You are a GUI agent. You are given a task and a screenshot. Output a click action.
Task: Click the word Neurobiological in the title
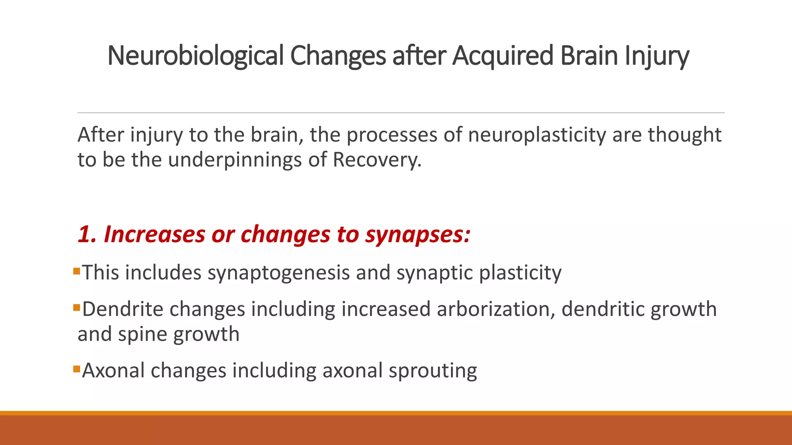click(196, 56)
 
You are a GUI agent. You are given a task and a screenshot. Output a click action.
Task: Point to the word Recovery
click(377, 160)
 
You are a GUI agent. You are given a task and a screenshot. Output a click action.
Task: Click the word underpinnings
click(235, 160)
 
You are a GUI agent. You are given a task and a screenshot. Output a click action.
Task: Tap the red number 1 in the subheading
click(85, 234)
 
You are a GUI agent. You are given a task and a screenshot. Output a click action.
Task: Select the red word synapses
click(418, 235)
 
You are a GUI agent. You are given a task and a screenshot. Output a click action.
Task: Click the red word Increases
click(154, 234)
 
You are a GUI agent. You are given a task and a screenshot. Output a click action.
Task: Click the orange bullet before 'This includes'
click(76, 271)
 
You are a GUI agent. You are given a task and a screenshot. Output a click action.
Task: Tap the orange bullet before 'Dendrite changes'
click(76, 308)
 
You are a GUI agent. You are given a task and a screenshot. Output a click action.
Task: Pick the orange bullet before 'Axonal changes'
click(76, 369)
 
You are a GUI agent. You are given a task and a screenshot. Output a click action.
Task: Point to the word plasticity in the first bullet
click(520, 273)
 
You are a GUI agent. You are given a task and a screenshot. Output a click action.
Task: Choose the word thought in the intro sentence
click(684, 135)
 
